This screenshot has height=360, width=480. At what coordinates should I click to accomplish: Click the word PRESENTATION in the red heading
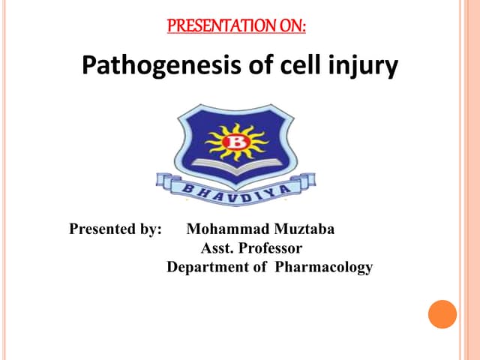point(213,27)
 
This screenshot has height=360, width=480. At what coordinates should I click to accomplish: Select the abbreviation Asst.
point(216,248)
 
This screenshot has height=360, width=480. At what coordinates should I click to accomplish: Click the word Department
point(206,267)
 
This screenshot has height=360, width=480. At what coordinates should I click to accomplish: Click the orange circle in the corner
point(442,314)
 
